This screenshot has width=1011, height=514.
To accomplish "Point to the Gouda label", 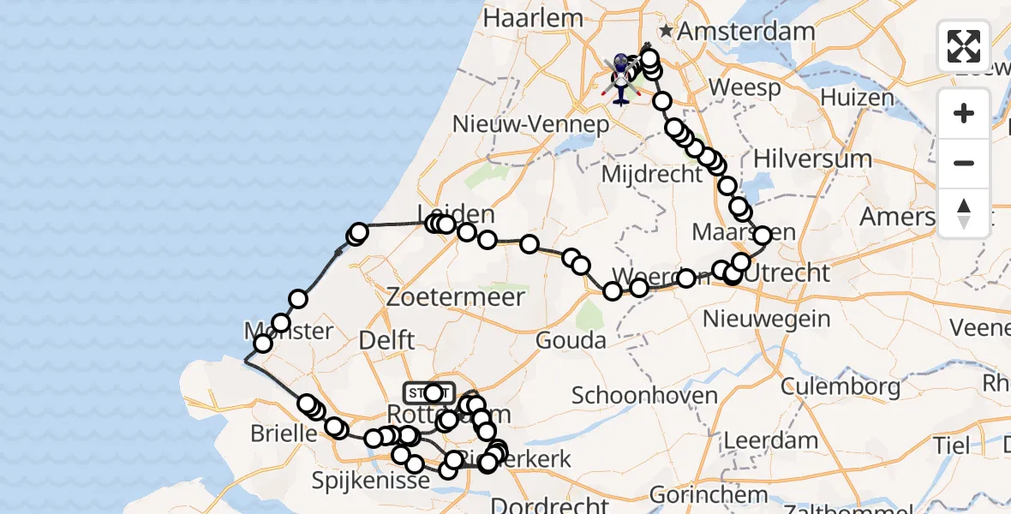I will [571, 340].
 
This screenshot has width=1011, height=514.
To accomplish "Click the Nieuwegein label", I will [767, 320].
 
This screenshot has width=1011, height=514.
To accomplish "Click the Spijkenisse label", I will [371, 481].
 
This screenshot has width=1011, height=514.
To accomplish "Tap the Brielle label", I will [284, 433].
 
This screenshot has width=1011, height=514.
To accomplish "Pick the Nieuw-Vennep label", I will [530, 124].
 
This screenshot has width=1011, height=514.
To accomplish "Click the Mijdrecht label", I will [652, 174].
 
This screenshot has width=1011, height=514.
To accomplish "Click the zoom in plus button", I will [964, 114].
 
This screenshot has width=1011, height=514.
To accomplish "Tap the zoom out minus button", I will [964, 163].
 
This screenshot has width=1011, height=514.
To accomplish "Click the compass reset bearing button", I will [964, 212].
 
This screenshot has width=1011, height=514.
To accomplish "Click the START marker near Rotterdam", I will [428, 393].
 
